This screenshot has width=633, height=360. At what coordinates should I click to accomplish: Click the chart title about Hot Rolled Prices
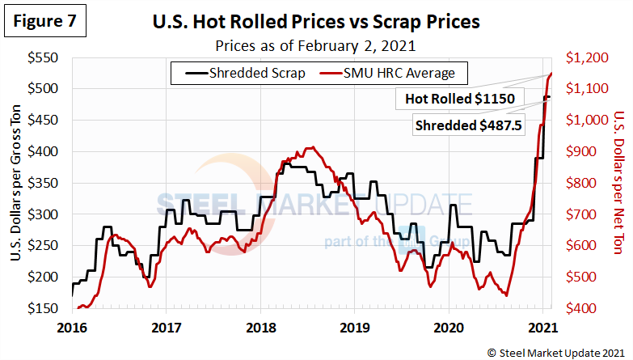coord(316,22)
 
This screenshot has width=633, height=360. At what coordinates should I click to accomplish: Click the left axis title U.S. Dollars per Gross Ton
coord(17,183)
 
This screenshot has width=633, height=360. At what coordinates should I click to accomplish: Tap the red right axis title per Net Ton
coord(619,183)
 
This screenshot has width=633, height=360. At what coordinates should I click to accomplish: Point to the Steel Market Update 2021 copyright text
coord(555,351)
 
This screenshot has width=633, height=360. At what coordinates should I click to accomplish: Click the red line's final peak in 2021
coord(551,74)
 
